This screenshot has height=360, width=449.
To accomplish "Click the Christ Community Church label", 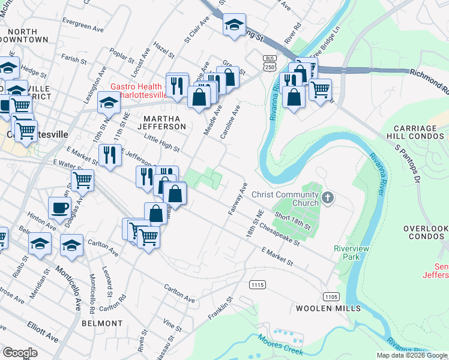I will click(x=285, y=199).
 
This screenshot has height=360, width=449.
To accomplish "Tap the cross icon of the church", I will click(x=327, y=197).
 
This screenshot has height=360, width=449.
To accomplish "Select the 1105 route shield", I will click(x=331, y=296).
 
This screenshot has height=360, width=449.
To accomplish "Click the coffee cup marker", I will click(x=59, y=208).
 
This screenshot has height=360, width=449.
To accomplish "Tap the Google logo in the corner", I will click(x=20, y=353).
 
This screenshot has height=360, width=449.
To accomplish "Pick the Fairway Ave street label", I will click(x=238, y=200).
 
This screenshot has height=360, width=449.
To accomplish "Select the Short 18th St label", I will click(x=292, y=220).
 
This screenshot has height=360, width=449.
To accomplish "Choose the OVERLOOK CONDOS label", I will click(x=426, y=233).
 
